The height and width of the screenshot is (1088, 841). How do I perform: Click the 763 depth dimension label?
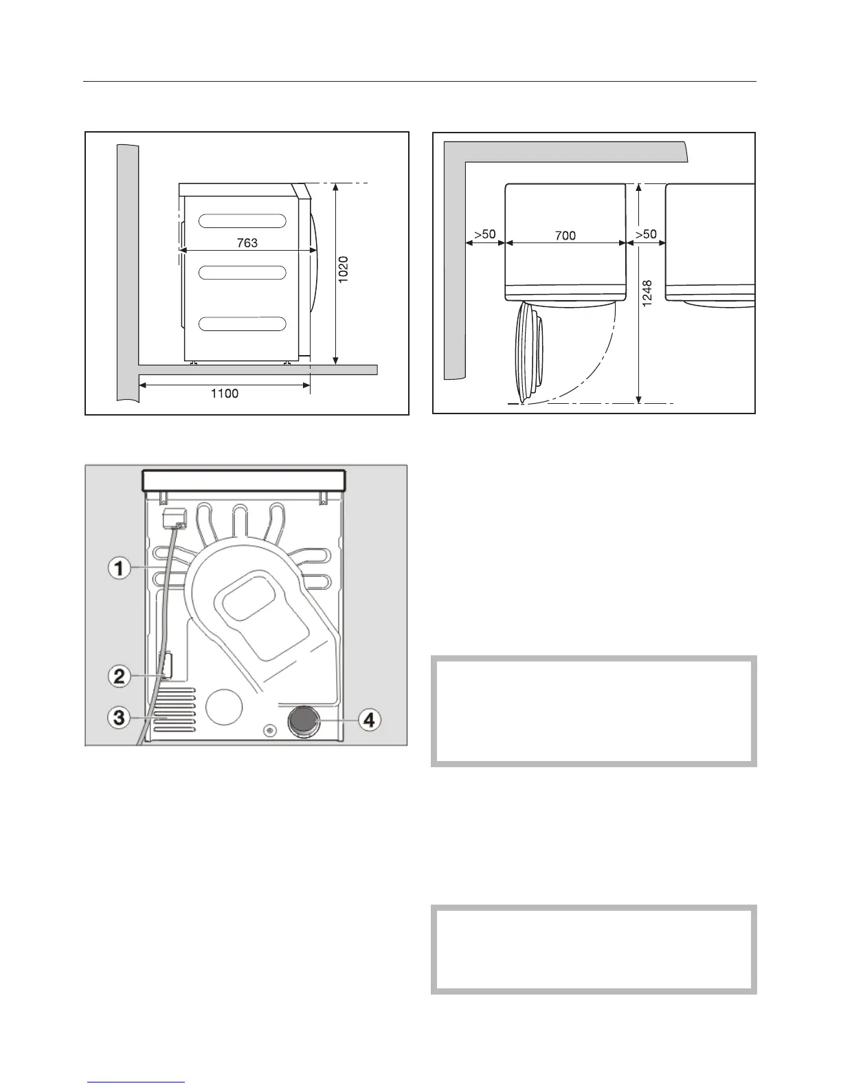click(247, 242)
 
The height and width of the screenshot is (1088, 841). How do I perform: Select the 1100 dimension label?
click(224, 394)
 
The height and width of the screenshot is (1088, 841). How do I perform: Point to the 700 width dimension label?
click(565, 236)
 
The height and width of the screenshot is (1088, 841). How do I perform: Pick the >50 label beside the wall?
click(485, 234)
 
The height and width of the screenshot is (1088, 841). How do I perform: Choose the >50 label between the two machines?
click(646, 234)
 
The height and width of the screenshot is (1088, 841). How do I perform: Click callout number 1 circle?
click(120, 569)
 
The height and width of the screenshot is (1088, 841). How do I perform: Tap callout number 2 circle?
click(120, 677)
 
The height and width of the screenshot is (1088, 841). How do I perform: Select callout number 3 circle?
click(120, 718)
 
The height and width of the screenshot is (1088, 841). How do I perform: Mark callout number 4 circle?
click(369, 720)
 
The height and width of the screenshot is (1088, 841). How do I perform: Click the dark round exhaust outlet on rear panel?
click(304, 723)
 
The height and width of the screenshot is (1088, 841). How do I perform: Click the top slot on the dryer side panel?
click(243, 220)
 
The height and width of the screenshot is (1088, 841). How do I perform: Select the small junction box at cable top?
click(171, 518)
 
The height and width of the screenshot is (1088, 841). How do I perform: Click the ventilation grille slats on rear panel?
click(174, 714)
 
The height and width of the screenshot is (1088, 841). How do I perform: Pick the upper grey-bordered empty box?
click(594, 711)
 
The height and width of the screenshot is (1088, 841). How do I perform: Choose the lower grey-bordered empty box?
click(594, 949)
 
